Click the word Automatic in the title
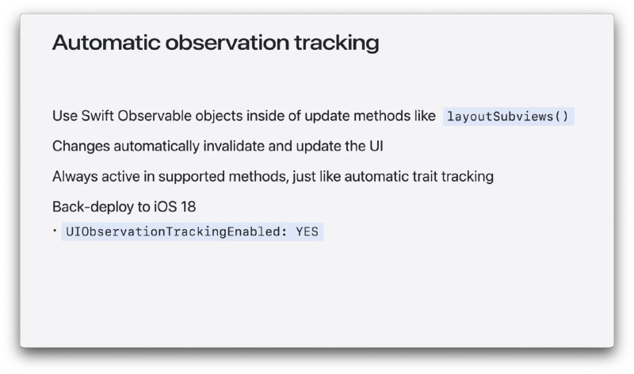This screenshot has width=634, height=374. tap(106, 43)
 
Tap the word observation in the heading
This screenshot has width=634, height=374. tap(227, 43)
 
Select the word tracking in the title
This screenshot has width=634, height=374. tap(337, 44)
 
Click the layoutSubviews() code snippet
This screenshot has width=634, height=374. tap(508, 116)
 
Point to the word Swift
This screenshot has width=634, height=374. tap(97, 116)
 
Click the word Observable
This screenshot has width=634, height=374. tap(155, 116)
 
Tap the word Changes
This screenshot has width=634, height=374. tap(81, 147)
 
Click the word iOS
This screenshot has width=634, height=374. tap(166, 207)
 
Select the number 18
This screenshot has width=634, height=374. tap(189, 207)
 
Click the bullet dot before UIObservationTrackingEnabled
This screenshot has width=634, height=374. tap(55, 231)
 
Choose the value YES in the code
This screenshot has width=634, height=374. tap(307, 231)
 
